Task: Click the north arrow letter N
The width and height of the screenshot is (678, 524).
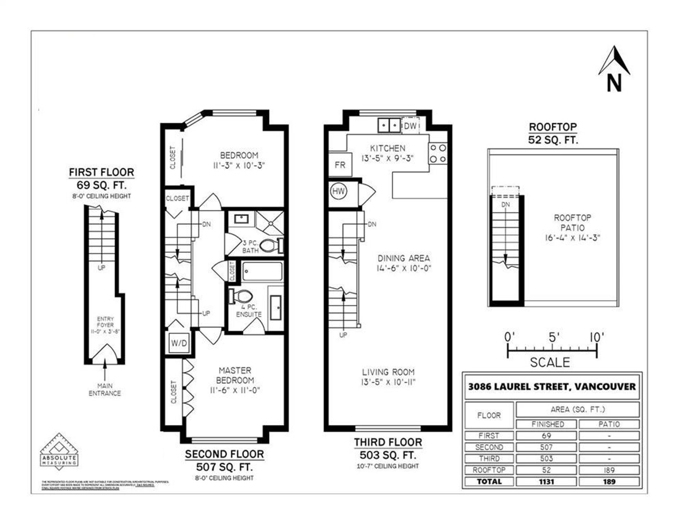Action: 614,84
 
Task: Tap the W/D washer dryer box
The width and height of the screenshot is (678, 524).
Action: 179,343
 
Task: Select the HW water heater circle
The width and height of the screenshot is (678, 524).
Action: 338,191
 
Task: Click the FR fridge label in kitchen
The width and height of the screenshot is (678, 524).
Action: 340,165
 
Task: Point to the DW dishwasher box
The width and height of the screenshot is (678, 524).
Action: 410,126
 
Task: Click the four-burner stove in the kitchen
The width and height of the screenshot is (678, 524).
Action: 438,153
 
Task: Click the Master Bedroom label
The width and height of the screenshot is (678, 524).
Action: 235,375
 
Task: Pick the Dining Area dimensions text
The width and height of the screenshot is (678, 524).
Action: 404,268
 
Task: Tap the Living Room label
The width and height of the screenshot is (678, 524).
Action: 388,372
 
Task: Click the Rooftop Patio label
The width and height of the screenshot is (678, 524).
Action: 572,223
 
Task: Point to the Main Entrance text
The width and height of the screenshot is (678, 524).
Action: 105,390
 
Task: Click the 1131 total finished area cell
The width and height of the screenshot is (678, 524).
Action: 546,482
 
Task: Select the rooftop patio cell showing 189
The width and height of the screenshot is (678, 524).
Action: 609,470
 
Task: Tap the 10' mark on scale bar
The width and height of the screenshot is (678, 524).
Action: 596,338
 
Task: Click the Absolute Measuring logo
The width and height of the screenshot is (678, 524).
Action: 59,452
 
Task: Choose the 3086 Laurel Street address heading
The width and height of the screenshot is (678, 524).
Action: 552,387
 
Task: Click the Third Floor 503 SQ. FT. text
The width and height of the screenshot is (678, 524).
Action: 388,455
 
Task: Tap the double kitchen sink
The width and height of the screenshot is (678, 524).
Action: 389,125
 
